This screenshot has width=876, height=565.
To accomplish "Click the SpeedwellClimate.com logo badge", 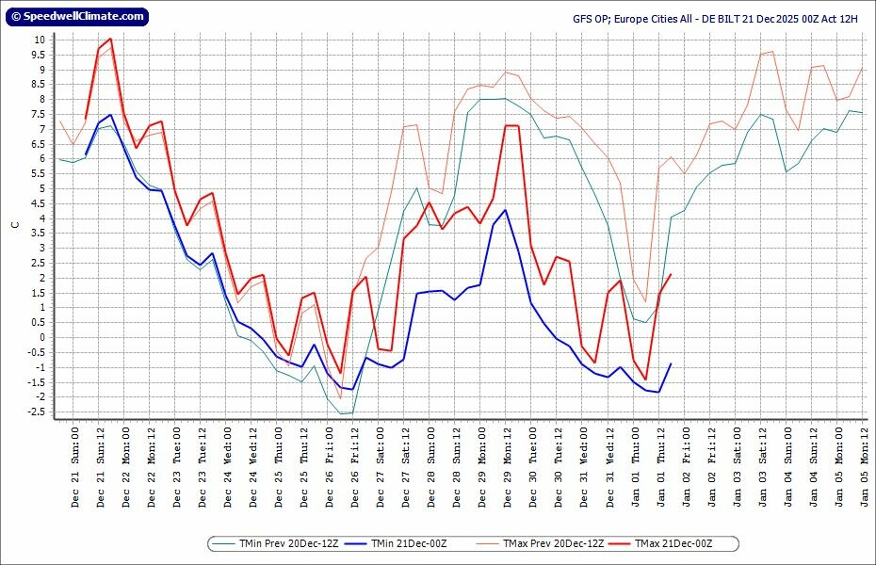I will point(76,16).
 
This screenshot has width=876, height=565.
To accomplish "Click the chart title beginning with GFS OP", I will point(715,18).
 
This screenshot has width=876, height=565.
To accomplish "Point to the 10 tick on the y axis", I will point(40,40).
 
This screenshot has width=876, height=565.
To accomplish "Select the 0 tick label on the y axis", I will point(42,337).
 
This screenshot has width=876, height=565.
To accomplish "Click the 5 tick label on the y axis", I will point(42,188).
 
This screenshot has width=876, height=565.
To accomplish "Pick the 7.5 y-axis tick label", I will point(38,114).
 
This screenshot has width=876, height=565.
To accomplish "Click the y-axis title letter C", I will point(14,225).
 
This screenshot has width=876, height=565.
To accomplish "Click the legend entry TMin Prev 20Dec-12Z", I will point(276,543).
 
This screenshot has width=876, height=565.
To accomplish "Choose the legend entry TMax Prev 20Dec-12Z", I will point(540,543).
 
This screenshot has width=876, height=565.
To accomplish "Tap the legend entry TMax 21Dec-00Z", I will point(672,543).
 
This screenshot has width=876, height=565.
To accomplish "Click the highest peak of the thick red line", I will point(110,39).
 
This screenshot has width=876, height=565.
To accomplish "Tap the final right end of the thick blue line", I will point(671,363).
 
